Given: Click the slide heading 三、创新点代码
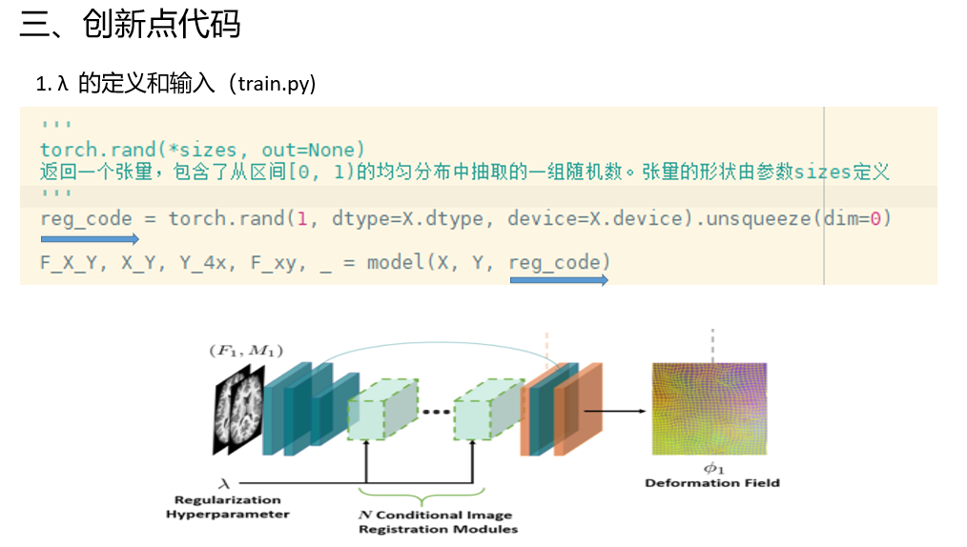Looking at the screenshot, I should (x=130, y=25).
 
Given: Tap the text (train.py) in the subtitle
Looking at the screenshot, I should (x=271, y=84).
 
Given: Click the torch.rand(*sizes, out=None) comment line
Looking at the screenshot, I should (x=202, y=150).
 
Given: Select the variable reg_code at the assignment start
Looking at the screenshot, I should (x=86, y=218).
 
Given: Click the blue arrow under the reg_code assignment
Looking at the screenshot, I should (x=90, y=238).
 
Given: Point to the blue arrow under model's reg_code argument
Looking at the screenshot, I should (x=559, y=280).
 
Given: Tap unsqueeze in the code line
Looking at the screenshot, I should (x=753, y=218).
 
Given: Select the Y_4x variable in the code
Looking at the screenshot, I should (x=204, y=262).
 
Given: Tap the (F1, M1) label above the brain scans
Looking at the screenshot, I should (x=245, y=351).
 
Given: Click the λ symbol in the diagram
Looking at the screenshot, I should (x=225, y=483).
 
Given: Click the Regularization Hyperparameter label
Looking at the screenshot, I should (x=227, y=507).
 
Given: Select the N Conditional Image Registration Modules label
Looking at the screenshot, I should (x=438, y=521).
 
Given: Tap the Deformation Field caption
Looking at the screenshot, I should (x=711, y=483).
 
